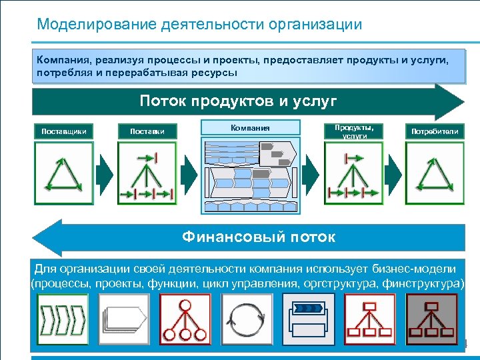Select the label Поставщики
[x=64, y=131]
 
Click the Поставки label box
[x=147, y=131]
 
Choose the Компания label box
[x=250, y=127]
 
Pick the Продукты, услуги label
[x=354, y=131]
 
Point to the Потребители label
[x=435, y=131]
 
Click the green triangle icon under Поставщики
[x=64, y=174]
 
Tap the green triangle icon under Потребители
[x=435, y=174]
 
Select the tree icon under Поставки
[x=147, y=174]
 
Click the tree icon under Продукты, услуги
[x=354, y=174]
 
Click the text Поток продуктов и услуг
[x=238, y=101]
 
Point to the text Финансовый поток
[x=259, y=237]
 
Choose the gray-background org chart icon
[x=431, y=319]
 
